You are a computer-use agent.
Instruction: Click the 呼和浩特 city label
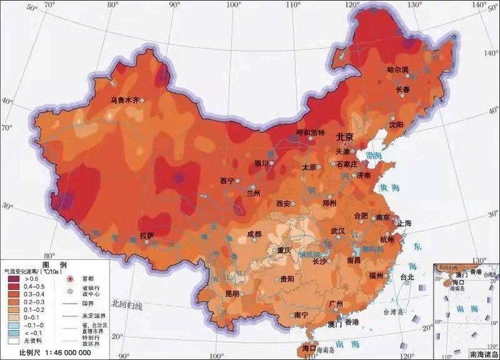click(311, 133)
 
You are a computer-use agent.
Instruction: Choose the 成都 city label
click(254, 234)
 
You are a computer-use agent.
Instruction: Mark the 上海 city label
click(404, 223)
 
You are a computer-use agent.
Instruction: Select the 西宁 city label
click(227, 181)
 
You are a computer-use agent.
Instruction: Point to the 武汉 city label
click(337, 231)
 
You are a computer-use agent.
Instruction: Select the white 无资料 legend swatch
click(13, 340)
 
